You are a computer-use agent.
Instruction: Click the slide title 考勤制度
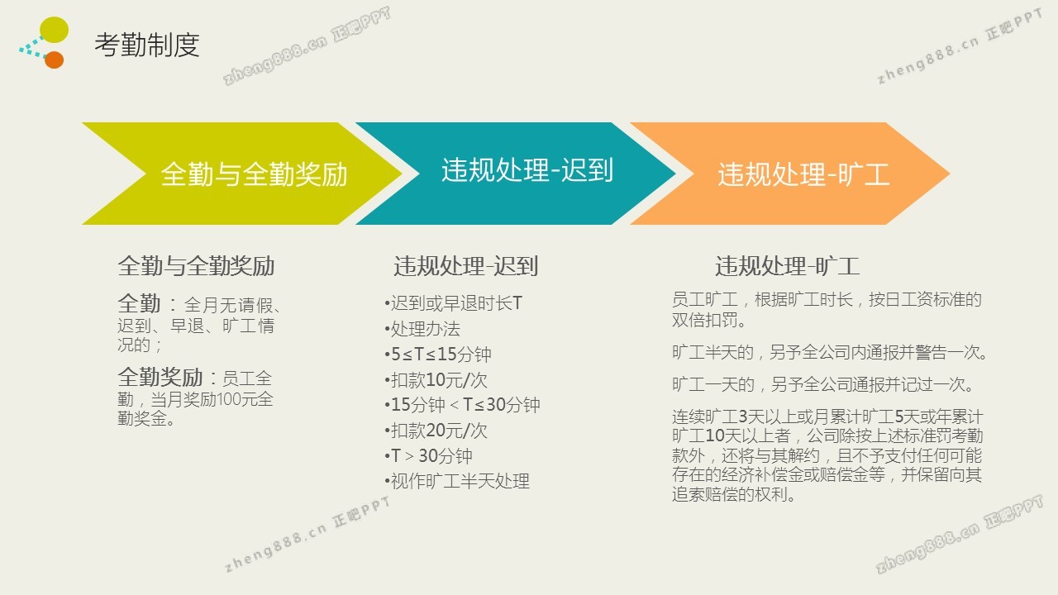click(147, 45)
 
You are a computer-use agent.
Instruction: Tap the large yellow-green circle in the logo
click(54, 29)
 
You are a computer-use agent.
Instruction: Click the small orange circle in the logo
click(55, 60)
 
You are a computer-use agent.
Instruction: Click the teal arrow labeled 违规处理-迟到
click(515, 174)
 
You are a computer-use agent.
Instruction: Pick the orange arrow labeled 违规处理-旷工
click(789, 174)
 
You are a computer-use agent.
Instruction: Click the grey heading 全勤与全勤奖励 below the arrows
click(196, 266)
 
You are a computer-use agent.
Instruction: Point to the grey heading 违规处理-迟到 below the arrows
click(465, 266)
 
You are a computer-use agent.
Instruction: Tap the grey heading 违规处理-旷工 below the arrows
click(787, 266)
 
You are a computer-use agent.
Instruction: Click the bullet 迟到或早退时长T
click(454, 303)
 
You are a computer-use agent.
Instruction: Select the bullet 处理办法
click(422, 329)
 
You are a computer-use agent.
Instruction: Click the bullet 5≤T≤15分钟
click(438, 355)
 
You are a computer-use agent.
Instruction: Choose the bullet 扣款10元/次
click(436, 379)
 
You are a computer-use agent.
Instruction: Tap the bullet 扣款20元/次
click(436, 431)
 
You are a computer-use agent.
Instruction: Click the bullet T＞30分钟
click(428, 455)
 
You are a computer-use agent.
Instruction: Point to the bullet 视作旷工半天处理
click(457, 481)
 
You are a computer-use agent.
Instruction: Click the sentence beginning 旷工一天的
click(822, 384)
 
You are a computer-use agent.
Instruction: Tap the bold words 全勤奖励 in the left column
click(160, 378)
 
